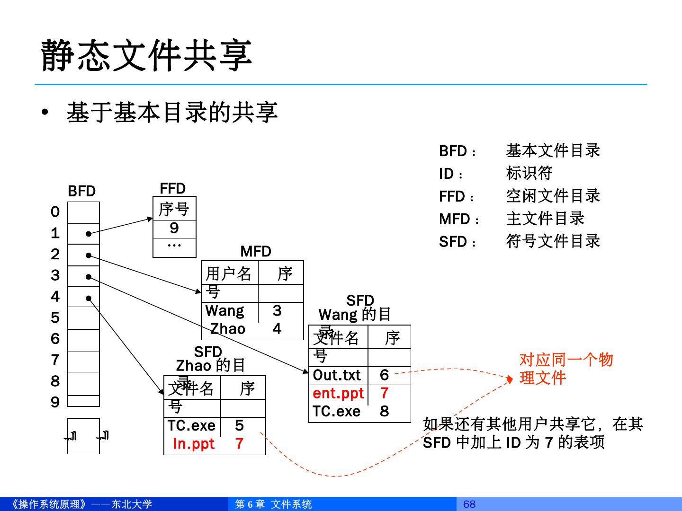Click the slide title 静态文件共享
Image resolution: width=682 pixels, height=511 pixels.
pyautogui.click(x=146, y=56)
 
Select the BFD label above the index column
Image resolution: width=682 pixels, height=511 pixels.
pyautogui.click(x=81, y=191)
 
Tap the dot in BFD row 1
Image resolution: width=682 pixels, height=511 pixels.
pyautogui.click(x=88, y=234)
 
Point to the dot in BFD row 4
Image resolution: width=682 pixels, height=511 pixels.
pyautogui.click(x=88, y=298)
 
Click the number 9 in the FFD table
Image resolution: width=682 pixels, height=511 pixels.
pyautogui.click(x=174, y=229)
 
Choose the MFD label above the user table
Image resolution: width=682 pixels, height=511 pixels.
pyautogui.click(x=255, y=251)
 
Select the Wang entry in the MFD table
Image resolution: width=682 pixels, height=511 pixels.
pyautogui.click(x=224, y=311)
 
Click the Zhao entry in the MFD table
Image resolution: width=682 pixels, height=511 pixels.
pyautogui.click(x=227, y=329)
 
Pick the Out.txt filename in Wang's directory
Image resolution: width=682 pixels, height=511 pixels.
pyautogui.click(x=337, y=375)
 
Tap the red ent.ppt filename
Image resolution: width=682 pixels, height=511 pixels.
pyautogui.click(x=338, y=393)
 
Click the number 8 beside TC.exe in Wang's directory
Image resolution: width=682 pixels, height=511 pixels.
pyautogui.click(x=384, y=411)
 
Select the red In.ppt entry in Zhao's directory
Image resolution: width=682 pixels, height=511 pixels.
pyautogui.click(x=194, y=444)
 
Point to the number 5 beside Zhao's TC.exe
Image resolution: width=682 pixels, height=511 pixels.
pyautogui.click(x=239, y=425)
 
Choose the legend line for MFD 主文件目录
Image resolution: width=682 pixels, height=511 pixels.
pyautogui.click(x=511, y=219)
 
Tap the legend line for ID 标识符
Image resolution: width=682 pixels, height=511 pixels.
pyautogui.click(x=495, y=174)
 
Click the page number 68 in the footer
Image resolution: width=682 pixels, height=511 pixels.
pyautogui.click(x=469, y=504)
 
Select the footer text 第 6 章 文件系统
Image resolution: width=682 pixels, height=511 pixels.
pyautogui.click(x=273, y=504)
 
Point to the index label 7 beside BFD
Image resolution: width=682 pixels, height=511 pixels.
pyautogui.click(x=55, y=360)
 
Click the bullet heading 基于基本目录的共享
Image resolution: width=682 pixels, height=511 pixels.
pyautogui.click(x=171, y=113)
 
